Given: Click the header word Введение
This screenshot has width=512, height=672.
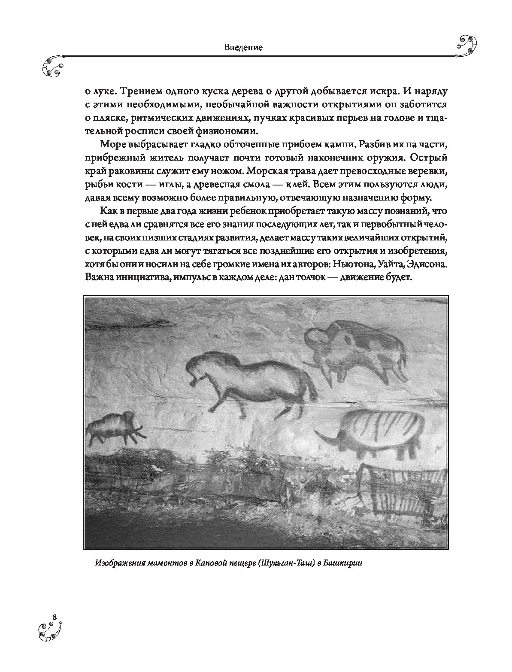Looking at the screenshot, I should [x=243, y=48].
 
